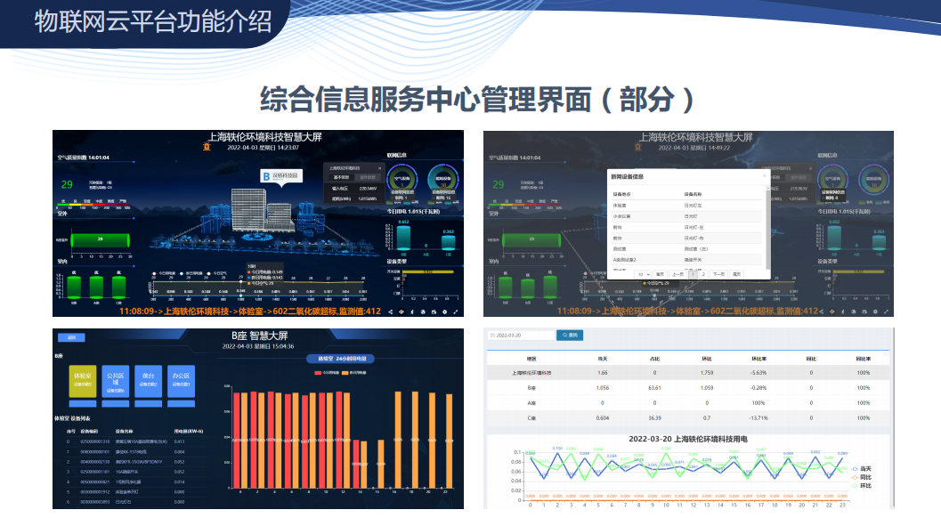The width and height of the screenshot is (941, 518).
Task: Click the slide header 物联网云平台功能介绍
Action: coord(153,21)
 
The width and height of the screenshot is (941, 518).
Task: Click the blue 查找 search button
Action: coord(569,335)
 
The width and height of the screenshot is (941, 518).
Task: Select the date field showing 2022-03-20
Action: coord(521,335)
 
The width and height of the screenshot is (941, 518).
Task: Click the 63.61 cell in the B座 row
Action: coord(654,387)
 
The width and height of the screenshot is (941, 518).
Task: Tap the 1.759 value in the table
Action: coord(707,372)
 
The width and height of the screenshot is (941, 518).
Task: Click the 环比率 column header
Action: coord(758,358)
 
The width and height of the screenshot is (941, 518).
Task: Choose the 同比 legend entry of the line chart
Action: coord(860,477)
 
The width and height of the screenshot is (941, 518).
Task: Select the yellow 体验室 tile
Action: coord(83,381)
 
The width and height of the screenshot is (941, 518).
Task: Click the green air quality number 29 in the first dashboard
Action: coord(67,184)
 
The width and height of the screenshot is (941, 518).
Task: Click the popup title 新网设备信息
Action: coord(629,176)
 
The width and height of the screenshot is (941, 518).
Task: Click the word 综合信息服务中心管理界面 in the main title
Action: coord(426,99)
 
